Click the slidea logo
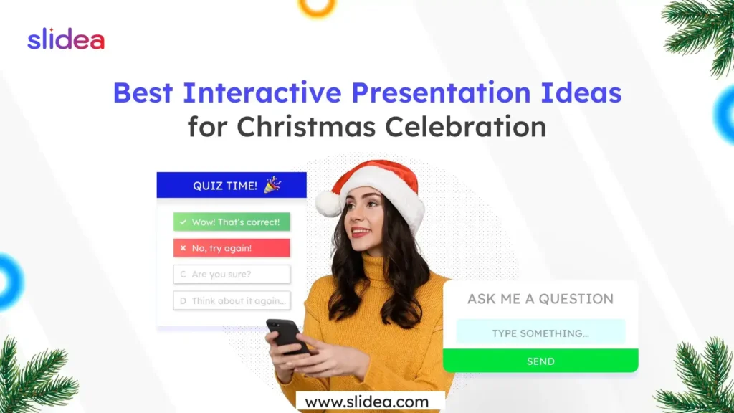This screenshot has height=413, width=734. (x=66, y=39)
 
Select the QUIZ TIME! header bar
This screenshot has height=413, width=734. (x=231, y=185)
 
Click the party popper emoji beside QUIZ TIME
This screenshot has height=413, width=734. (x=273, y=185)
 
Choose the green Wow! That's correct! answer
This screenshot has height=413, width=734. (x=232, y=222)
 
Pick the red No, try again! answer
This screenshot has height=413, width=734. (x=232, y=248)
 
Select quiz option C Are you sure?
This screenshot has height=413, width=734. (x=232, y=274)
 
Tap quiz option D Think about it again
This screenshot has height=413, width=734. (x=232, y=300)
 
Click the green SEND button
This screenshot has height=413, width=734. (x=540, y=361)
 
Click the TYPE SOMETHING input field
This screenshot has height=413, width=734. (x=540, y=333)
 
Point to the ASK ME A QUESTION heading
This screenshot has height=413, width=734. (x=540, y=299)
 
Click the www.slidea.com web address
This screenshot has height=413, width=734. (x=366, y=402)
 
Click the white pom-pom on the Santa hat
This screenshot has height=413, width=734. (x=328, y=204)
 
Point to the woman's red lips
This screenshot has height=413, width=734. (x=361, y=232)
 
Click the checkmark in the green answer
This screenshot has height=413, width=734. (x=183, y=222)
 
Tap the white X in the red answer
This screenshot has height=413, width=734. (x=183, y=248)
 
